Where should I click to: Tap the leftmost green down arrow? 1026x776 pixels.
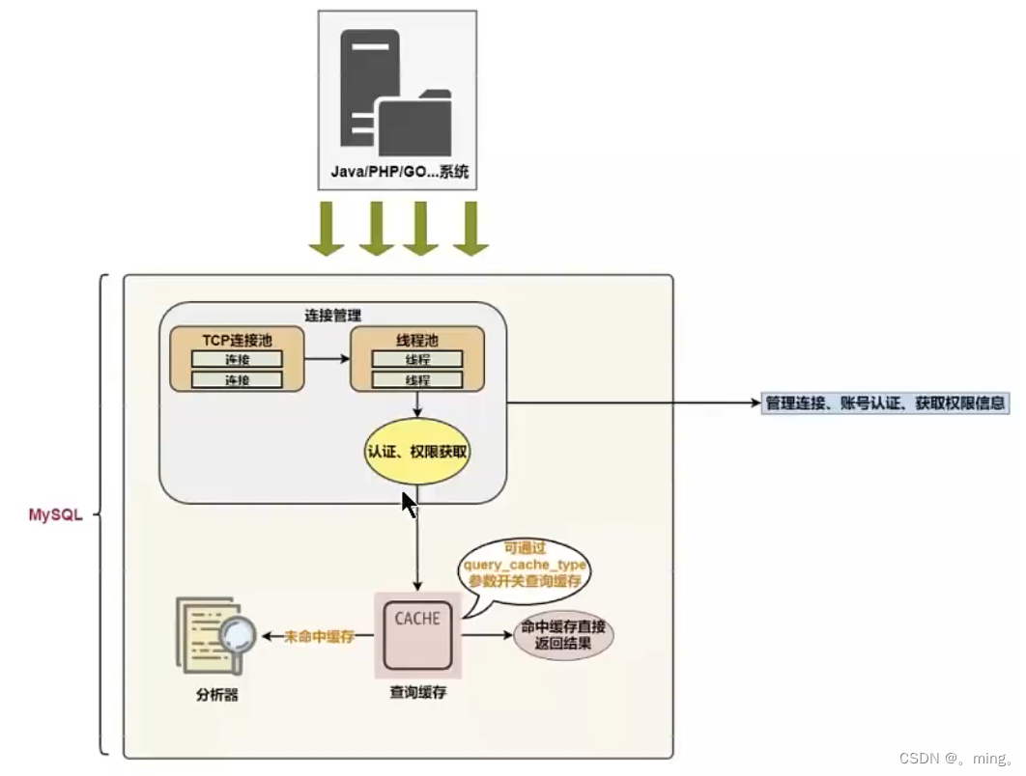(327, 230)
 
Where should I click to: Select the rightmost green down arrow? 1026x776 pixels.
(470, 230)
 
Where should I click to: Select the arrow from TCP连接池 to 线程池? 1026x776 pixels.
(327, 359)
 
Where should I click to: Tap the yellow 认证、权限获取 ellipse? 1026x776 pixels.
(417, 452)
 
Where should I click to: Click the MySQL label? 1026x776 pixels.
(56, 515)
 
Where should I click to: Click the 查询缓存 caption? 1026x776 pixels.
(417, 692)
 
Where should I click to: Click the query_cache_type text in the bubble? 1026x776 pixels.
(526, 565)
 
